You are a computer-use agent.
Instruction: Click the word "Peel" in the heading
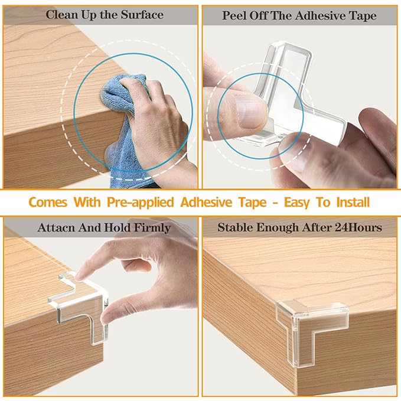click(234, 16)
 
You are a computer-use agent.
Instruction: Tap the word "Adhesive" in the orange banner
click(206, 203)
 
